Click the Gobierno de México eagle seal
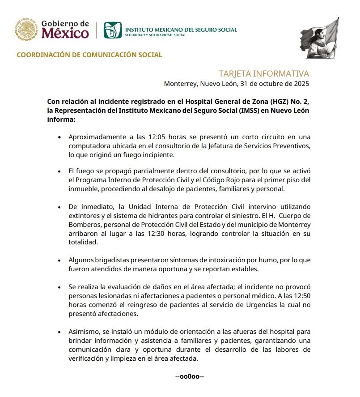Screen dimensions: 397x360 click(x=27, y=29)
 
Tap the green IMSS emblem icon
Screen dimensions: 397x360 click(x=112, y=30)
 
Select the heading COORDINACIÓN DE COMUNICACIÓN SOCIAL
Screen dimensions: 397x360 click(x=89, y=55)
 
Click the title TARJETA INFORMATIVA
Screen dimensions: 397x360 click(x=264, y=73)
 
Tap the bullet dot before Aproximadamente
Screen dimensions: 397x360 click(x=59, y=137)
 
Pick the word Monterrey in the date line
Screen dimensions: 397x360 click(x=180, y=83)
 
